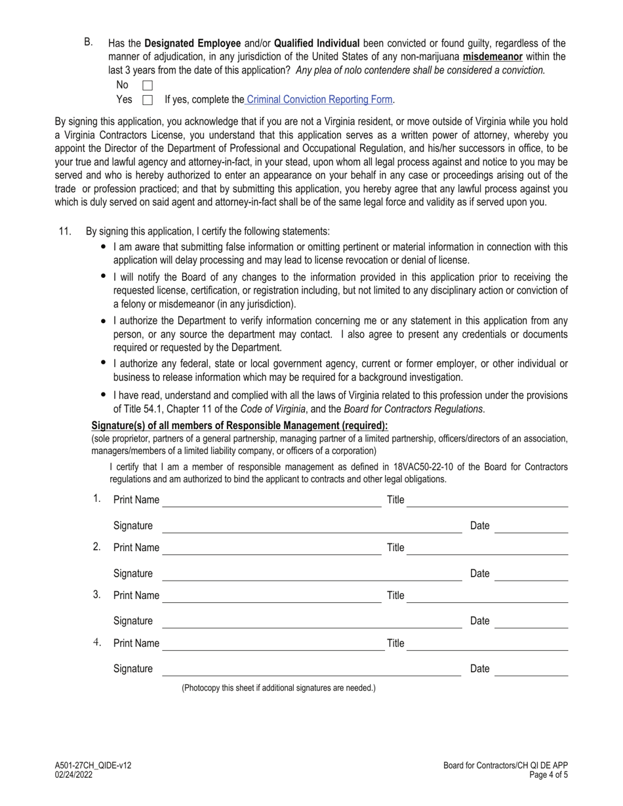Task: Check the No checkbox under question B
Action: tap(148, 85)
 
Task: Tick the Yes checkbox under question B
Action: tap(148, 100)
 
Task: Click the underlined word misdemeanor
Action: tap(492, 57)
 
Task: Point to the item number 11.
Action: tap(65, 231)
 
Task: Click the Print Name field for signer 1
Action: tap(271, 482)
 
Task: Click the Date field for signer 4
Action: tap(531, 669)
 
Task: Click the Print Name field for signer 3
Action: tap(271, 596)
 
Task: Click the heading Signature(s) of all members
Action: tap(239, 426)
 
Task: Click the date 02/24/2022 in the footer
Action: tap(73, 775)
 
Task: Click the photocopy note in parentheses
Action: tap(279, 688)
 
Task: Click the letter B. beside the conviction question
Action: tap(89, 43)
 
